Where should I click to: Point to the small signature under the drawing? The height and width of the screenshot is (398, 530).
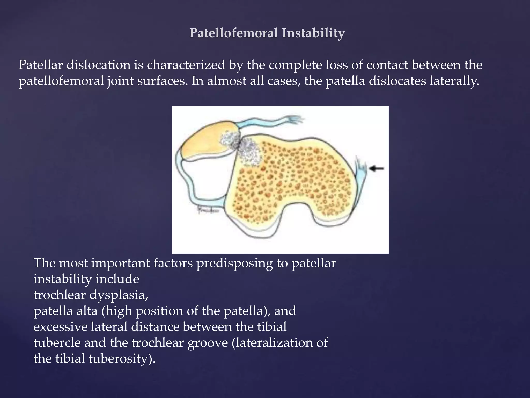pos(208,210)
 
